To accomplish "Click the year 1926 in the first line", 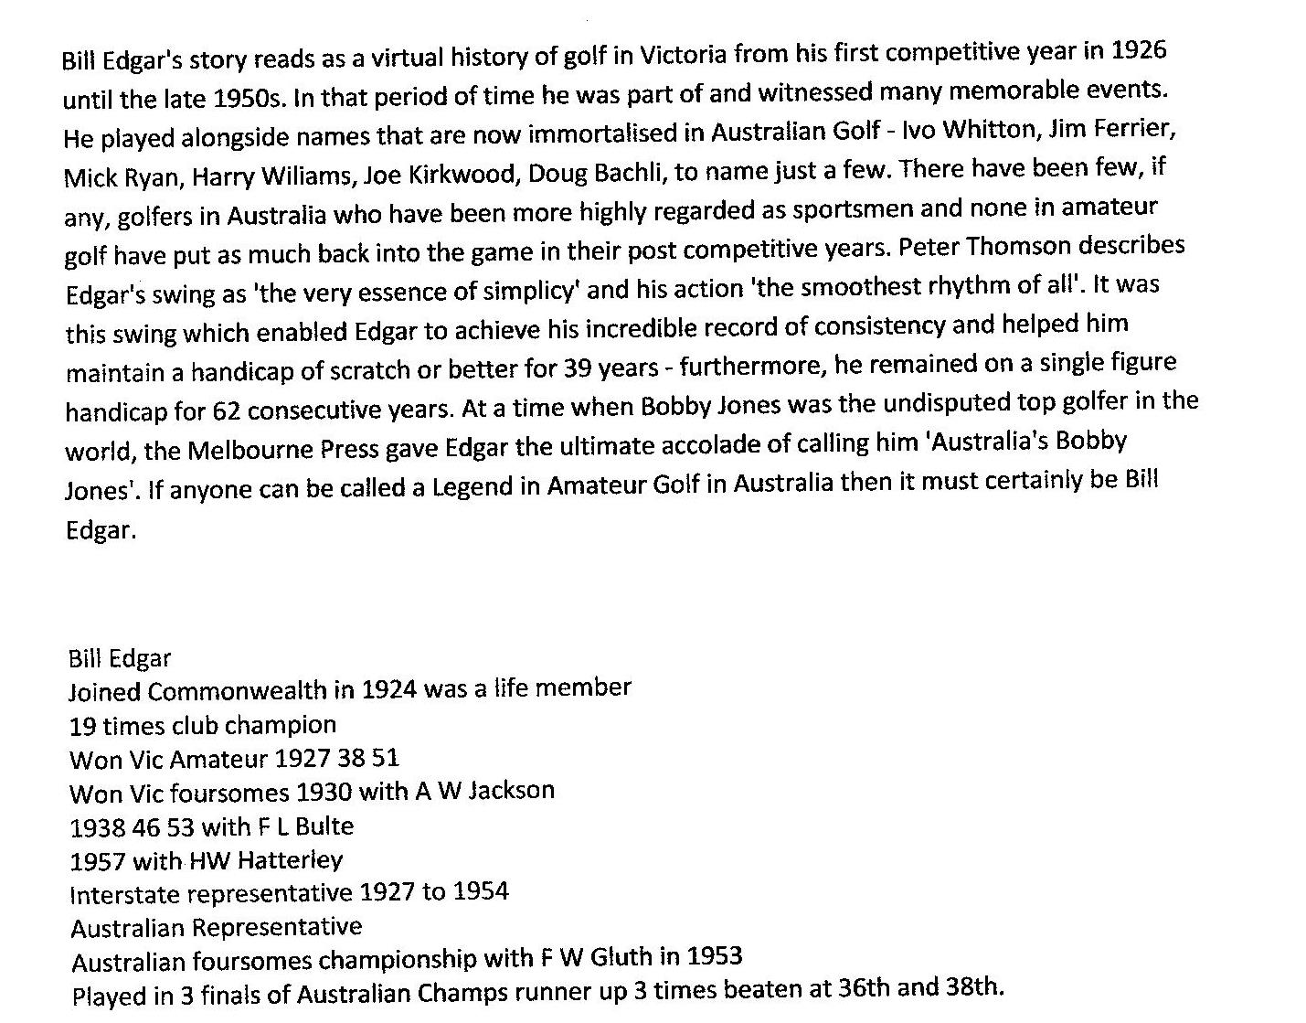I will [x=1139, y=49].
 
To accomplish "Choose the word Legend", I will [x=472, y=486].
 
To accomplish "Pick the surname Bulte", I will [x=324, y=826].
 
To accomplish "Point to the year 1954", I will [x=480, y=891].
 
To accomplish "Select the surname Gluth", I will [x=621, y=957].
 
